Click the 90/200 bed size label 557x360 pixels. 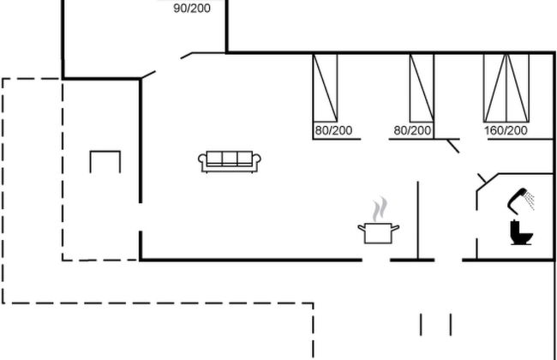(191, 9)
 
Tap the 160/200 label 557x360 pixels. (506, 131)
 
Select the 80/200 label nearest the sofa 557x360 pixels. (333, 131)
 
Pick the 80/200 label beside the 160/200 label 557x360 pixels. (412, 131)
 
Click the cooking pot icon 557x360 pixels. (378, 232)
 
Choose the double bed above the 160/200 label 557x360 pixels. (506, 87)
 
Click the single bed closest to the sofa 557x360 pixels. (325, 87)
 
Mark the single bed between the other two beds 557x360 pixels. (422, 87)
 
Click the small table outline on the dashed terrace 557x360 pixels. (105, 160)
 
